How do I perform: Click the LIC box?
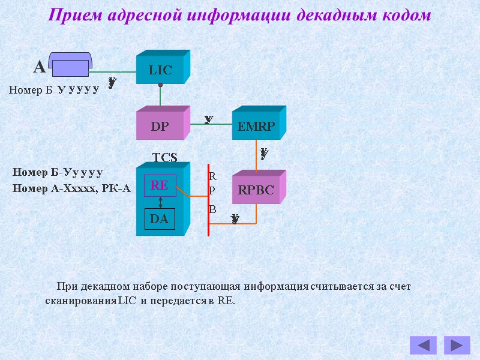tap(160, 70)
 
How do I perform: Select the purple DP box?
tap(160, 127)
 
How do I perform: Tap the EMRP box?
tap(256, 127)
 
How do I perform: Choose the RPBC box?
tap(256, 190)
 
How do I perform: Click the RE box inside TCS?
tap(160, 185)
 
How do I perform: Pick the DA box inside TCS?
tap(160, 219)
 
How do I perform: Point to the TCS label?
tap(165, 157)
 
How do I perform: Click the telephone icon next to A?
tap(70, 65)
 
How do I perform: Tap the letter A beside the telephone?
tap(39, 67)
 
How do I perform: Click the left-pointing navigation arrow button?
tap(423, 345)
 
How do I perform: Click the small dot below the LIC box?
tap(160, 85)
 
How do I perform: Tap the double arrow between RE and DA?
tap(160, 202)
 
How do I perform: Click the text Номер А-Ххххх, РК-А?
tap(71, 188)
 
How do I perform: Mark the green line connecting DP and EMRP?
tap(211, 124)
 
